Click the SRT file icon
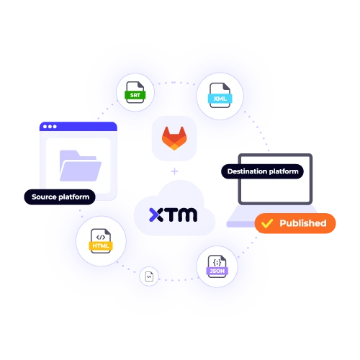click(135, 93)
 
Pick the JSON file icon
click(216, 267)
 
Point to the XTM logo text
click(173, 214)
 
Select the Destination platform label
click(261, 171)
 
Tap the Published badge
click(296, 223)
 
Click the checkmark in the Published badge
click(267, 224)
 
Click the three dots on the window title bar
click(50, 127)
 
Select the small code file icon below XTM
click(149, 276)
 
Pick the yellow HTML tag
click(100, 246)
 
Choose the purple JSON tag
click(216, 271)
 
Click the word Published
click(302, 223)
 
